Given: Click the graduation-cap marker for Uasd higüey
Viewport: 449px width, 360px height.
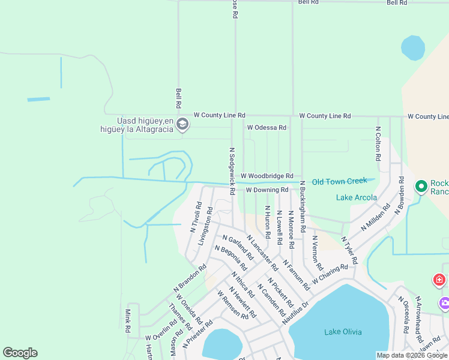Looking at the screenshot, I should (x=183, y=125).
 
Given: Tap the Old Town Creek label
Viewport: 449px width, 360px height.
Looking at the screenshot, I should (x=339, y=181).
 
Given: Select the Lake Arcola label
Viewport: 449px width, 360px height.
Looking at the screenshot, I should (x=357, y=197).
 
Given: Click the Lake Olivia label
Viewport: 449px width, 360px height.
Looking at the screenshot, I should (x=342, y=332).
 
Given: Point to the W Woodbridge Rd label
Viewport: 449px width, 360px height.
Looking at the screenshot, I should (x=267, y=176).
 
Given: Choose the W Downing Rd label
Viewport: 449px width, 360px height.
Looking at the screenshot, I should (x=267, y=190).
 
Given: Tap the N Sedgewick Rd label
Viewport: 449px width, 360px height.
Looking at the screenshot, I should (x=232, y=172).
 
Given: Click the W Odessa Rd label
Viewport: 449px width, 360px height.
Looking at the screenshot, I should (x=267, y=128).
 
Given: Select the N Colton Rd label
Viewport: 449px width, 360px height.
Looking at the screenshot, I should (x=378, y=143).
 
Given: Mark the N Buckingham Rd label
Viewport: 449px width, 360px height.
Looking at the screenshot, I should (x=303, y=206).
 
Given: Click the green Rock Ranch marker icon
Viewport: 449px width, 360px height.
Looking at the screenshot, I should (x=421, y=187).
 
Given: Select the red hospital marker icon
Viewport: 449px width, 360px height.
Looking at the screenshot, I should (x=440, y=280).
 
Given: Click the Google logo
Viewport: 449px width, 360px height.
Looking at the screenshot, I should (x=20, y=353).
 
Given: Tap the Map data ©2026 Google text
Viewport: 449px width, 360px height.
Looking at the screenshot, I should (x=411, y=355).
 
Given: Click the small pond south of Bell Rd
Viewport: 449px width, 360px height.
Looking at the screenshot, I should (x=413, y=48).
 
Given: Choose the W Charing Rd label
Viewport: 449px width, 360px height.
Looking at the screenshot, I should (x=330, y=272).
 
